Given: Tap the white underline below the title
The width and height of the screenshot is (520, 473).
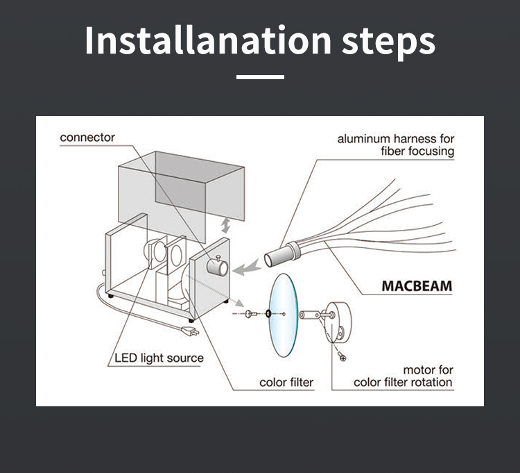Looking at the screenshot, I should (x=260, y=77).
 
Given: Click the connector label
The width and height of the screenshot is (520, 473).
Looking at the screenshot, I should (x=87, y=137).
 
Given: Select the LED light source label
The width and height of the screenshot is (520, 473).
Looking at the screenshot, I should (x=159, y=358).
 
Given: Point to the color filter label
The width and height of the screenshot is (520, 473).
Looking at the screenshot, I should (x=286, y=382).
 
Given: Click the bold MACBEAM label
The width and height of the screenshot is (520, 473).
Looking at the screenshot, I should (x=417, y=285).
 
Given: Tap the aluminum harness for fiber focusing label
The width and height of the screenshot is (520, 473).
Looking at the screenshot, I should (x=396, y=144).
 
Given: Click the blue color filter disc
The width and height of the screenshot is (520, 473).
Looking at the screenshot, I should (x=282, y=315).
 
